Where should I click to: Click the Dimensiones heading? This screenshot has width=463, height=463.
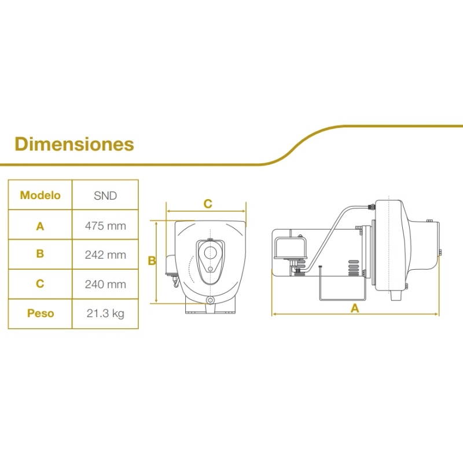tap(74, 144)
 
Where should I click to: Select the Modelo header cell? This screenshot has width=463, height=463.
tap(40, 195)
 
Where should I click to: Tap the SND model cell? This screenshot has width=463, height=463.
tap(105, 196)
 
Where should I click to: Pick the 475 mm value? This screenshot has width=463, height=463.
tap(105, 226)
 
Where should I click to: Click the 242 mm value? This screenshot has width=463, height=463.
tap(105, 255)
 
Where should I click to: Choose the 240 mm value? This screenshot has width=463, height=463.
tap(105, 284)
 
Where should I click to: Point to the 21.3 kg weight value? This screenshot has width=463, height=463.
tap(105, 313)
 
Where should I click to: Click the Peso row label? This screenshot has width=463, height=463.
tap(41, 313)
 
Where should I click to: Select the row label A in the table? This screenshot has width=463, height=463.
tap(40, 226)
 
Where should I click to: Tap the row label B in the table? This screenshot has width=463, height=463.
tap(40, 253)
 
